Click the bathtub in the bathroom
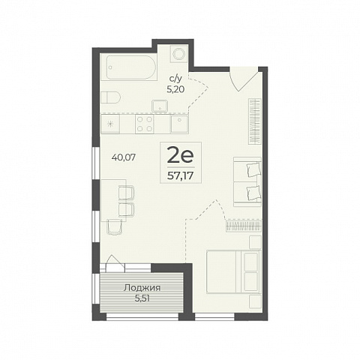click(131, 67)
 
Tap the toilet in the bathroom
click(111, 97)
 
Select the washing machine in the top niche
click(178, 54)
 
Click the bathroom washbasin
click(160, 106)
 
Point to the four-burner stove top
click(145, 124)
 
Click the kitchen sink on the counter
click(179, 124)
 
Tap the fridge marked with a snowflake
click(110, 124)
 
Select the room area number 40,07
click(124, 157)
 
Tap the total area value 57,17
click(181, 176)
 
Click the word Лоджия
click(142, 288)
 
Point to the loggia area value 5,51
click(142, 298)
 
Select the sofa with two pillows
click(247, 181)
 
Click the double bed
click(234, 271)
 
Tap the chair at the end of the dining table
click(114, 227)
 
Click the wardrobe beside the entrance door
click(255, 121)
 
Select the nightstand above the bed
click(255, 242)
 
